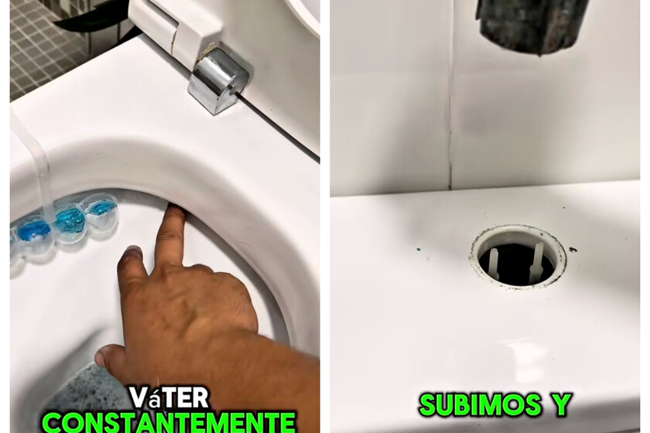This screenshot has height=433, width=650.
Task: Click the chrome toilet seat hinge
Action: point(217,80)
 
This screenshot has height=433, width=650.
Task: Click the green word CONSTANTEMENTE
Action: point(169,422)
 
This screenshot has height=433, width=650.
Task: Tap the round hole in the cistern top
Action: point(518,256)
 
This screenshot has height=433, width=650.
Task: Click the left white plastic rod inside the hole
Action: point(494,262)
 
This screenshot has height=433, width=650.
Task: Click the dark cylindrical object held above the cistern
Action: point(534,25)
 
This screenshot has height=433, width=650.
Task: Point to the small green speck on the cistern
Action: point(418,250)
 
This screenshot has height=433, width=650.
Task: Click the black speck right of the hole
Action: point(573,250)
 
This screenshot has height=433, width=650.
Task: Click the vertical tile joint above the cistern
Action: point(450,124)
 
